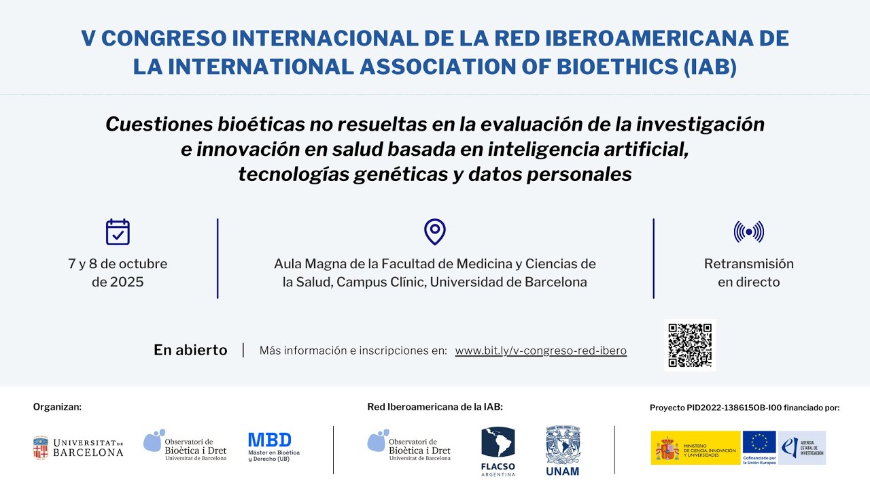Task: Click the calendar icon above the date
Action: tap(118, 232)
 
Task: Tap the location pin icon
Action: tap(434, 232)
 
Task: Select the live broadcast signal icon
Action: tap(748, 232)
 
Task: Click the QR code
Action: tap(689, 345)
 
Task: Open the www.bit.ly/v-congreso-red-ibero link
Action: tap(540, 351)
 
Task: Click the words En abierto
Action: tap(190, 350)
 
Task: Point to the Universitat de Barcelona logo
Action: tap(78, 448)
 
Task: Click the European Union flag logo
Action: tap(759, 447)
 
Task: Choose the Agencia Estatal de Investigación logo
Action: tap(802, 447)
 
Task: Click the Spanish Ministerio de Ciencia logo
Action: tap(695, 447)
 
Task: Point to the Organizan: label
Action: tap(57, 407)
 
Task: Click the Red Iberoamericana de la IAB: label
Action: tap(435, 407)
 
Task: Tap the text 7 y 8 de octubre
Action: tap(118, 264)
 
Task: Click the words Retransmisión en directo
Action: tap(748, 272)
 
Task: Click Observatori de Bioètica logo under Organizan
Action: tap(185, 446)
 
